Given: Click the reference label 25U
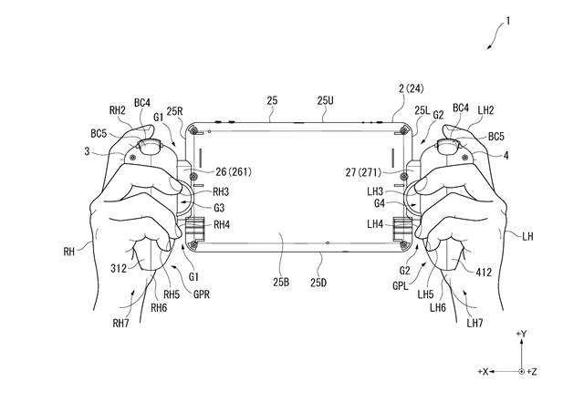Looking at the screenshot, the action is pyautogui.click(x=326, y=100).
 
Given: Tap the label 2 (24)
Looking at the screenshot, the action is pyautogui.click(x=411, y=88).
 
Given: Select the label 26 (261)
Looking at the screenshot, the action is pyautogui.click(x=234, y=171).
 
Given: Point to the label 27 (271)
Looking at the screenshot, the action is pyautogui.click(x=363, y=172).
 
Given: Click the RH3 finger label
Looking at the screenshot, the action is pyautogui.click(x=221, y=192).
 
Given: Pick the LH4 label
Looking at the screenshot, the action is pyautogui.click(x=375, y=224).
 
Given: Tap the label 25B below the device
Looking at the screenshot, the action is pyautogui.click(x=281, y=283).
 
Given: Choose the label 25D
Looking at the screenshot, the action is pyautogui.click(x=318, y=283).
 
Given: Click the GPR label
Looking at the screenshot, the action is pyautogui.click(x=202, y=294).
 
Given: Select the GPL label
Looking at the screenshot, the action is pyautogui.click(x=401, y=286).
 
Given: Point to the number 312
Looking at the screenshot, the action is pyautogui.click(x=119, y=268).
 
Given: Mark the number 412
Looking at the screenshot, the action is pyautogui.click(x=484, y=273).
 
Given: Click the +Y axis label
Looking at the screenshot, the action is pyautogui.click(x=521, y=334).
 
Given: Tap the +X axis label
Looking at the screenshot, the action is pyautogui.click(x=483, y=372).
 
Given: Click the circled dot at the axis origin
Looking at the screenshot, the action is pyautogui.click(x=521, y=372).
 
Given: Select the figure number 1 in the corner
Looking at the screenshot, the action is pyautogui.click(x=507, y=21).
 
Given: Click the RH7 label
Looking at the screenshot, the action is pyautogui.click(x=120, y=323).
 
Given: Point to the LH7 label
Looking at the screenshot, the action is pyautogui.click(x=474, y=323).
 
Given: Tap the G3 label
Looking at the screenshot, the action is pyautogui.click(x=219, y=208).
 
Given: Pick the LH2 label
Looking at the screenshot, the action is pyautogui.click(x=485, y=109).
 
